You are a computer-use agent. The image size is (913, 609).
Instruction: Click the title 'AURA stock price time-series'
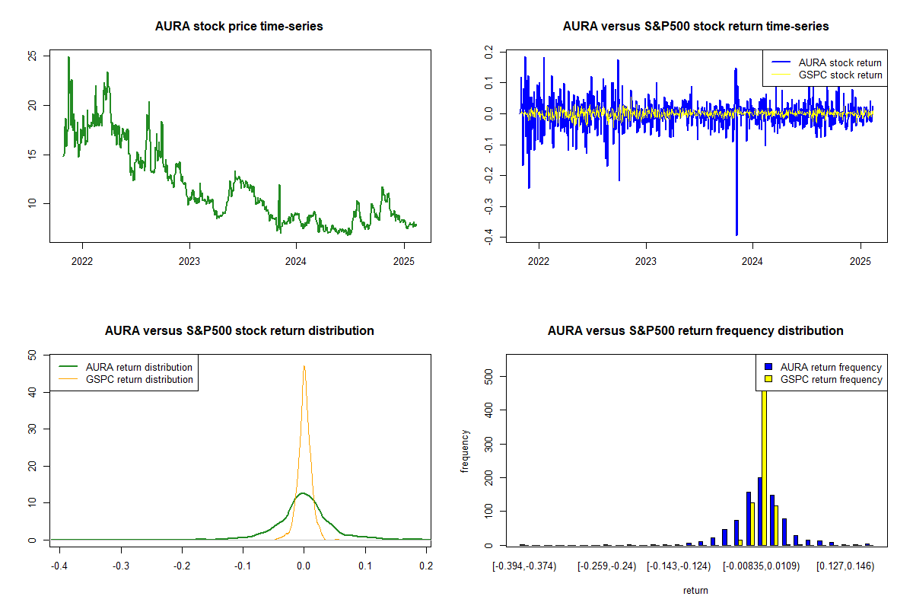(x=239, y=27)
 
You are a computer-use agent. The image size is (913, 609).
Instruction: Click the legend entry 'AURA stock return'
(x=840, y=62)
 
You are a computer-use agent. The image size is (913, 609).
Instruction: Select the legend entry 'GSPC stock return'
(x=840, y=75)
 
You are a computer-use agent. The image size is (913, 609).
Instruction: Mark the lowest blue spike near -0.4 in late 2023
(x=736, y=234)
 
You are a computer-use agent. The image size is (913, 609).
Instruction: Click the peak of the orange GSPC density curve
(x=304, y=367)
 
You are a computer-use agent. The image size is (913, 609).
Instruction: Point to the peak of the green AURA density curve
(x=304, y=493)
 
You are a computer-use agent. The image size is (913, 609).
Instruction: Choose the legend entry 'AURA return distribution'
(x=150, y=367)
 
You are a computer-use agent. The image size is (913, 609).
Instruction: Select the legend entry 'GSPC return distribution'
(x=150, y=379)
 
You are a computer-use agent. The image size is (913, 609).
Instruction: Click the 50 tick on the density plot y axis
(x=31, y=355)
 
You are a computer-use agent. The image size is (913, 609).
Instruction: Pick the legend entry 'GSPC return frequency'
(x=831, y=379)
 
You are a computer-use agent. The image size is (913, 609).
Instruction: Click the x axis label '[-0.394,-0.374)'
(x=524, y=566)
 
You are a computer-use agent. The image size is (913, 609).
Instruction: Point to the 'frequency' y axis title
(x=465, y=451)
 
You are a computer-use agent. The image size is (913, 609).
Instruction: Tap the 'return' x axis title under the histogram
(x=695, y=590)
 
